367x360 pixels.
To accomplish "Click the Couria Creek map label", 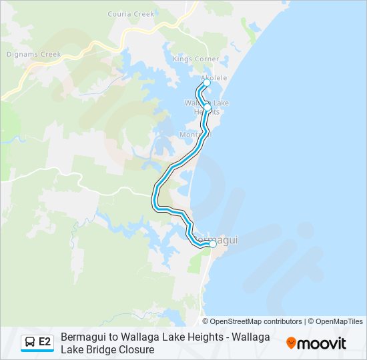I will click(131, 14).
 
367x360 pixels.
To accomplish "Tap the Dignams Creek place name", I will click(33, 54).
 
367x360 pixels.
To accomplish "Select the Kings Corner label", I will click(191, 59).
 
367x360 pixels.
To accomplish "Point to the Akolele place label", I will click(214, 78).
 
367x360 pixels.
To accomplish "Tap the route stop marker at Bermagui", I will click(213, 245).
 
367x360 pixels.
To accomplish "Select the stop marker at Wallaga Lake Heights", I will click(208, 107).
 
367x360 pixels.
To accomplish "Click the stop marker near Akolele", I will click(206, 85).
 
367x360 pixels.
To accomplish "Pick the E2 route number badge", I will click(45, 343).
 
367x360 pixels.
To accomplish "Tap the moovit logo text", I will click(322, 343).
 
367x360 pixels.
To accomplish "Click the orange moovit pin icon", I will click(291, 343).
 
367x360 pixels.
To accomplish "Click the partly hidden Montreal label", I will click(191, 135).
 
